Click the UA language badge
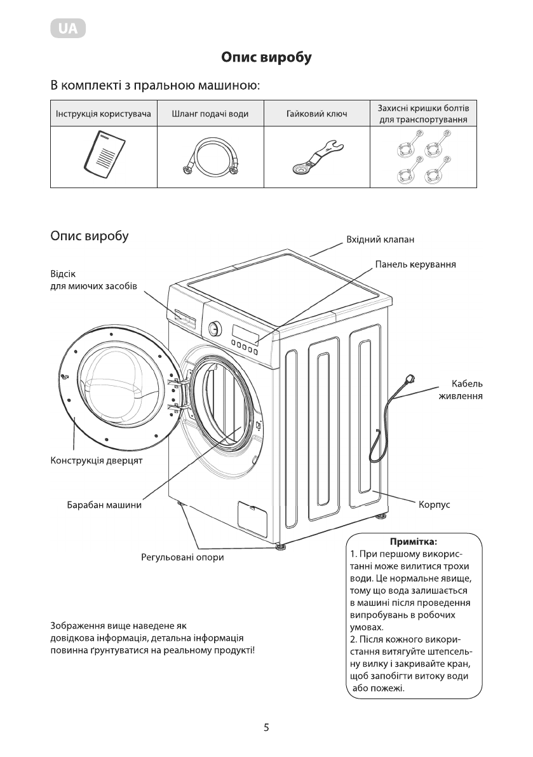[67, 29]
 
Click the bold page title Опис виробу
[266, 58]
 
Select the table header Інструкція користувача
[103, 114]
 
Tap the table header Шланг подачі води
[210, 114]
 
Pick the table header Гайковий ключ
[316, 114]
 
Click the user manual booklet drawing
[103, 154]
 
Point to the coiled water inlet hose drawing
[210, 159]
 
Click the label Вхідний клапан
[379, 240]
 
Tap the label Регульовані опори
[182, 558]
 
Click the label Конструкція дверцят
[96, 460]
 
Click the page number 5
[267, 727]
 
